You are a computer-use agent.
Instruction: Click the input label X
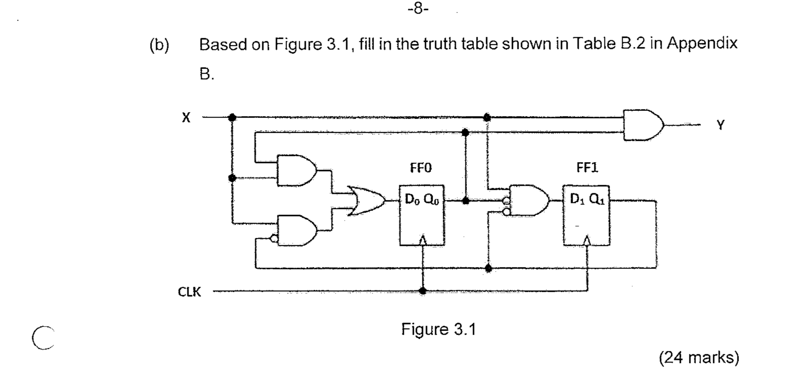tap(185, 118)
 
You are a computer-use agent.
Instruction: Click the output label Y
tap(720, 125)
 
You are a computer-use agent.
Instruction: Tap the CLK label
tap(189, 291)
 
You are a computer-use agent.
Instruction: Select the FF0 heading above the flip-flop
tap(420, 167)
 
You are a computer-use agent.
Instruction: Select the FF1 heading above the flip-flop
tap(587, 167)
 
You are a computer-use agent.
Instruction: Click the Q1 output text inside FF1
tap(596, 199)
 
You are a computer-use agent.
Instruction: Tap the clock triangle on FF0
tap(422, 240)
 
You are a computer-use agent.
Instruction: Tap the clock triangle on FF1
tap(587, 240)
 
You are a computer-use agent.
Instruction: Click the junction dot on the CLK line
tap(422, 291)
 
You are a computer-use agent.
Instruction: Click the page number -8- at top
tap(418, 8)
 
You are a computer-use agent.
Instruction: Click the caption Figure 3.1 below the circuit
tap(438, 329)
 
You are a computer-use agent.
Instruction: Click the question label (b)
tap(159, 45)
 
